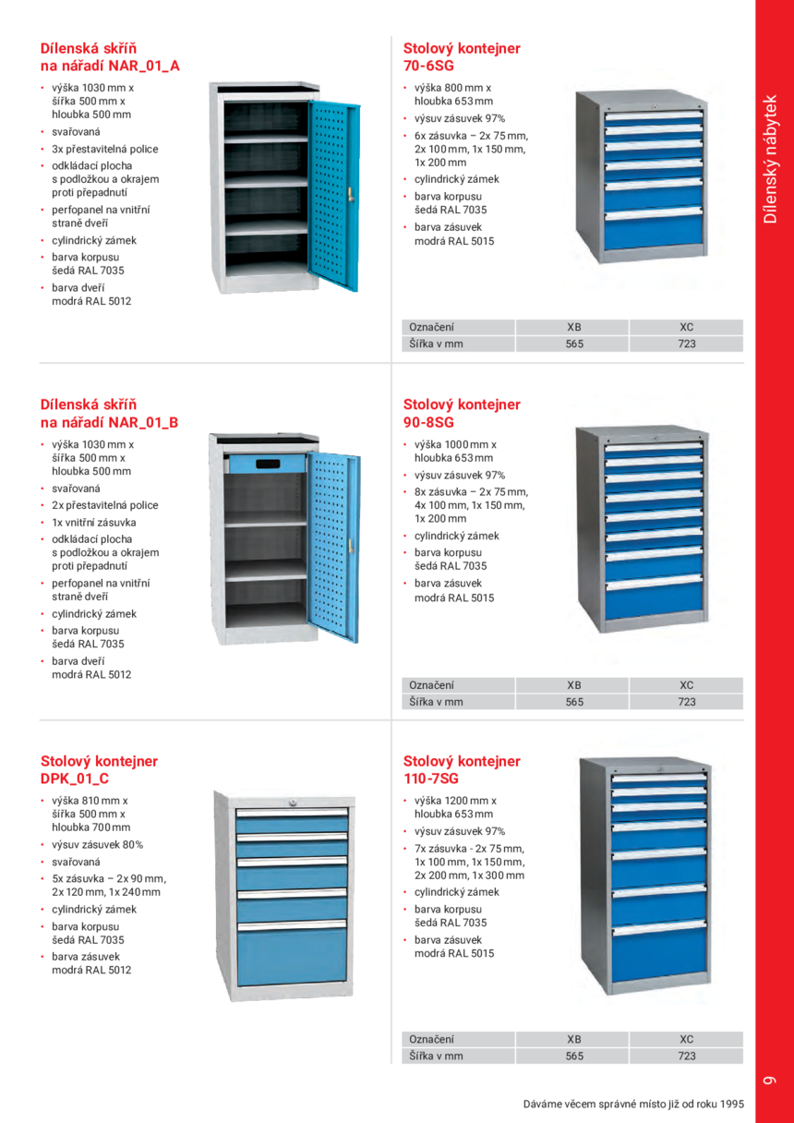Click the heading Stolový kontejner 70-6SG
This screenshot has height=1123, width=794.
[x=462, y=56]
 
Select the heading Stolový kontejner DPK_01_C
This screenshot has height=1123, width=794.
[x=99, y=769]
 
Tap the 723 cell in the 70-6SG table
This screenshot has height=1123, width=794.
[x=686, y=344]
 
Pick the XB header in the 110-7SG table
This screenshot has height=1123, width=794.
[x=573, y=1039]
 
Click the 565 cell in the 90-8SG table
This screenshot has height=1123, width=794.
[x=573, y=701]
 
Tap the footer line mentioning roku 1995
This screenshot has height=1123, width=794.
[x=632, y=1104]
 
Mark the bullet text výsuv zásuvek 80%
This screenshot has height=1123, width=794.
[x=97, y=844]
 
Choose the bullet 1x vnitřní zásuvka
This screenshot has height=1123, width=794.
[x=93, y=522]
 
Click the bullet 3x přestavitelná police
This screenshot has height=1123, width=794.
[x=104, y=149]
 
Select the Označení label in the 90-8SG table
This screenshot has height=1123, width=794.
[x=431, y=685]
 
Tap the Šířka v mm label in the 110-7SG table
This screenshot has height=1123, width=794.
[x=436, y=1056]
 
